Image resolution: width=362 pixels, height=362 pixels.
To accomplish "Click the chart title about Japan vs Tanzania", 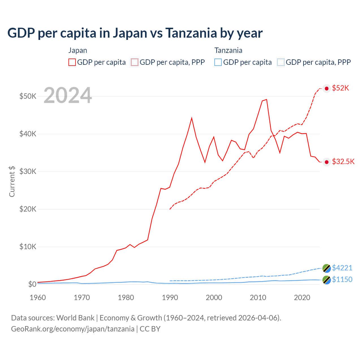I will coord(135,33).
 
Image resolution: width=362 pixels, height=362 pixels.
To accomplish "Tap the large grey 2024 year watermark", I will coord(68,96).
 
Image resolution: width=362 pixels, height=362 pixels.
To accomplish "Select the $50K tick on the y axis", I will coord(28,96).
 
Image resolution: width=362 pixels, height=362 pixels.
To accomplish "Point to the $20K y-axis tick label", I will coord(28,209).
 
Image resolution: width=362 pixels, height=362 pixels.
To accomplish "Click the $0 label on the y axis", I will coord(32,284).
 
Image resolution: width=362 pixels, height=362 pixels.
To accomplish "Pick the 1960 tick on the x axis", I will coord(38,298).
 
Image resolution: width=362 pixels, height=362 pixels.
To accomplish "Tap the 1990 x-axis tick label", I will coord(170,298).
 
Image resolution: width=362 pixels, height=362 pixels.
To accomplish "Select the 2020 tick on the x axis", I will coord(302,298).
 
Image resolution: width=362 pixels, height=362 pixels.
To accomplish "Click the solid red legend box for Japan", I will coord(72,62).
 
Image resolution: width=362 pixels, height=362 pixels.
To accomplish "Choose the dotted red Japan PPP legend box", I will coord(135,62).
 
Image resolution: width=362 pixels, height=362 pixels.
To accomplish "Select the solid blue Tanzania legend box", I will coord(218,62).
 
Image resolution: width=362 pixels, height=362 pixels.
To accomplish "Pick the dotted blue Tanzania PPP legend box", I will coord(281,62).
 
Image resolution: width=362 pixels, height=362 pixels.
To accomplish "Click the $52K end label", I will coord(341,88).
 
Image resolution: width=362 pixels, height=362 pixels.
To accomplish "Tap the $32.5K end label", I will coord(343,161).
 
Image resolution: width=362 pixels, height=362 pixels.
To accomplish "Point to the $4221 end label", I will coord(342,268).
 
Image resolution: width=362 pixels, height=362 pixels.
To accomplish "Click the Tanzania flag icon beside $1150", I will coord(327,280).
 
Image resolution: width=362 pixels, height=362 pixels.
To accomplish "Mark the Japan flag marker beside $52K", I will coord(327,89).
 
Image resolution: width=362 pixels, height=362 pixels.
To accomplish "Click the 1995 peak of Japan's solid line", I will coord(192,118).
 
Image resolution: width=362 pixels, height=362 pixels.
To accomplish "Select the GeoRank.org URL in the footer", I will coord(73,329).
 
